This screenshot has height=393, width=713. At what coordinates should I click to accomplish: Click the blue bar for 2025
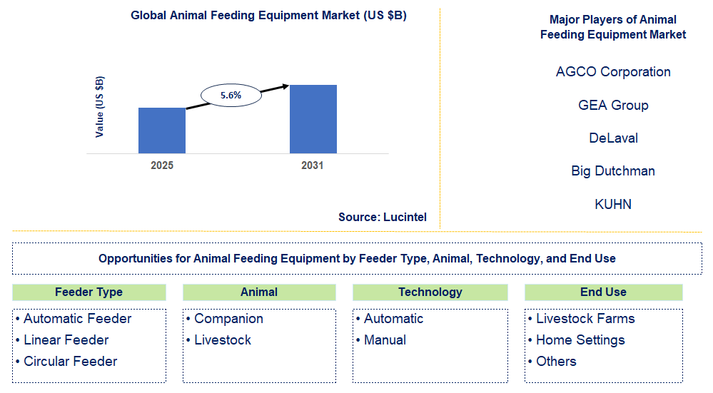(x=162, y=131)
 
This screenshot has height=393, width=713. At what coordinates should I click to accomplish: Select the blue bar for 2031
(x=313, y=119)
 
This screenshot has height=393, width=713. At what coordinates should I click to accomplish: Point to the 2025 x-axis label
(x=162, y=165)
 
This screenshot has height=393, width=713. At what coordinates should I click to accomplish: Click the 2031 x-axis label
(x=312, y=165)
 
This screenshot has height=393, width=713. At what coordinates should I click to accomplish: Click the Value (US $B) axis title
(x=100, y=106)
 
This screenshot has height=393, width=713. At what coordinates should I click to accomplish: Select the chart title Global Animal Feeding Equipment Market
(x=268, y=16)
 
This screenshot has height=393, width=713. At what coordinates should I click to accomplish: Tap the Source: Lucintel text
(x=383, y=217)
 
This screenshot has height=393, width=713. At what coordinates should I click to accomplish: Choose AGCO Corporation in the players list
(x=613, y=72)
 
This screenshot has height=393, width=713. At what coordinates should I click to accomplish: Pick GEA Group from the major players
(x=613, y=106)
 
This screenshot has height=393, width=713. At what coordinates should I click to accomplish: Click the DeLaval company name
(x=613, y=138)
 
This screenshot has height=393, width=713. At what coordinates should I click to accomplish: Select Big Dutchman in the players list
(x=613, y=171)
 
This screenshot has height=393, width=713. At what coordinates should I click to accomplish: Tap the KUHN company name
(x=613, y=205)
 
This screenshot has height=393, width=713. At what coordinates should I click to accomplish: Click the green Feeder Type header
(x=89, y=292)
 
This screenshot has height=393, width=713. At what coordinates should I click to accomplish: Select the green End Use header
(x=603, y=292)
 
